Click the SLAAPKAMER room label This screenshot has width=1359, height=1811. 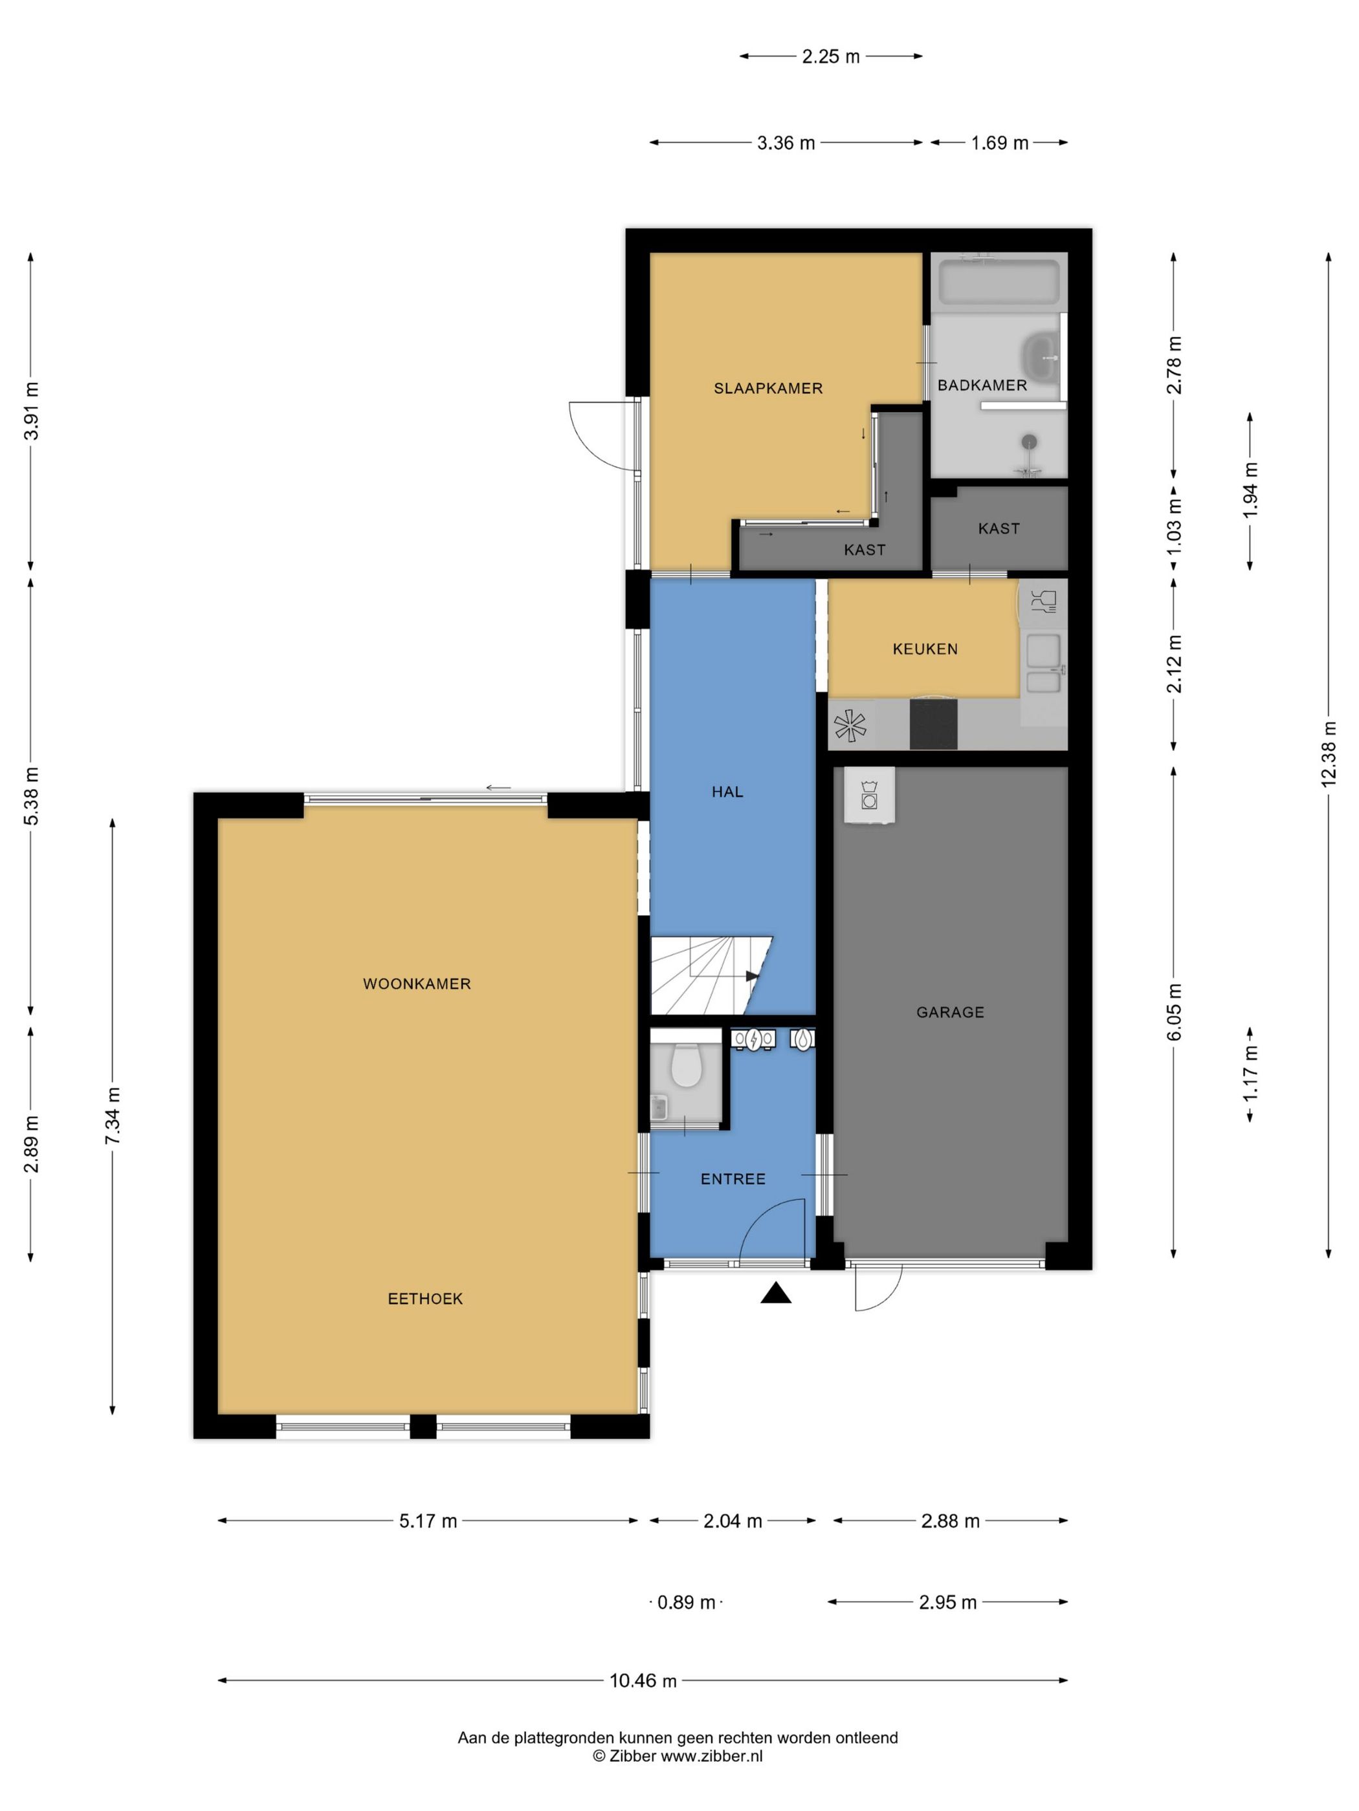[768, 388]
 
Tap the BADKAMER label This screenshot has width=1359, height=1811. [981, 385]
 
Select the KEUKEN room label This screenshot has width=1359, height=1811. [925, 649]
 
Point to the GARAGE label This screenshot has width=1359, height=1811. [949, 1012]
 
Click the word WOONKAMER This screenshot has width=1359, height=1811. [417, 983]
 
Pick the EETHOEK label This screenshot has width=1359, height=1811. [425, 1299]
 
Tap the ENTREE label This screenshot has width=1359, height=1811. [733, 1179]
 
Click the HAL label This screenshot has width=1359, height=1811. [727, 792]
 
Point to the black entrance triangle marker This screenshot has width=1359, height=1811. [776, 1294]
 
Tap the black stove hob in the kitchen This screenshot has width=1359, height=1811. [933, 724]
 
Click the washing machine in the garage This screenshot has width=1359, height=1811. [869, 794]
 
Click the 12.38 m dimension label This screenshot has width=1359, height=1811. [1329, 754]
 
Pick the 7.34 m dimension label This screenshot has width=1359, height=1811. [113, 1117]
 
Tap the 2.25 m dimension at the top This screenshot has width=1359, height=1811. [831, 56]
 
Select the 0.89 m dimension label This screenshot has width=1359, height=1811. [687, 1602]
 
